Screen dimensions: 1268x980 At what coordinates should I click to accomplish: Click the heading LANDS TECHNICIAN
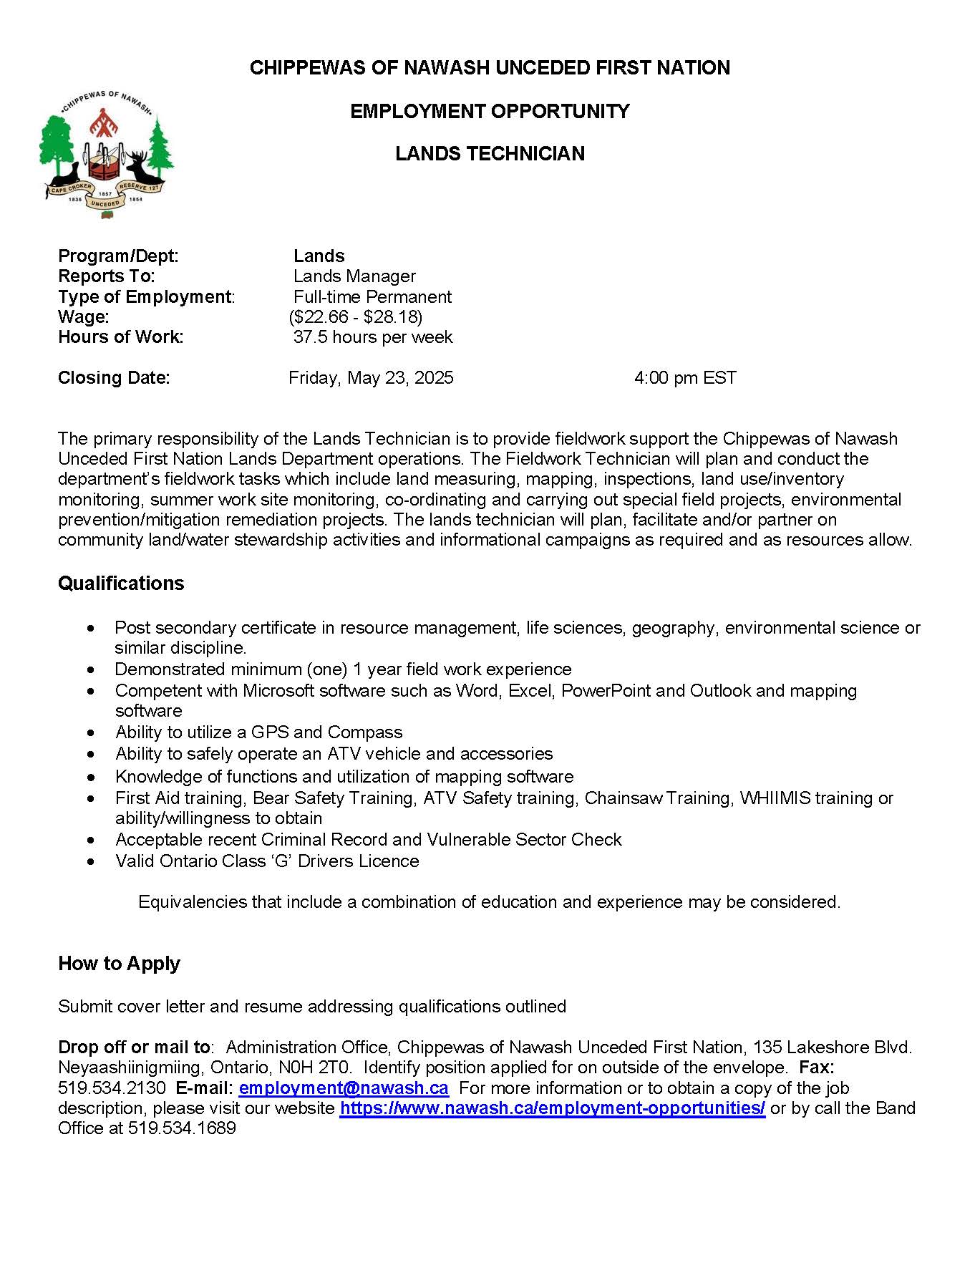point(490,153)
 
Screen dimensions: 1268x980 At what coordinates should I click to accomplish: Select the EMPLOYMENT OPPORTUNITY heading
point(490,111)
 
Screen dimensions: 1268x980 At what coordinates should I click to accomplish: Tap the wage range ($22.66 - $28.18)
point(355,316)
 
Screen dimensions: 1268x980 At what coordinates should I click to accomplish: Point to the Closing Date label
point(114,377)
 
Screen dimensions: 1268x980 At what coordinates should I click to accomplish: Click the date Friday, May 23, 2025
point(371,377)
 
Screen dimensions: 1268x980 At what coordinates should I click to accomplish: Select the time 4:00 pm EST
point(685,377)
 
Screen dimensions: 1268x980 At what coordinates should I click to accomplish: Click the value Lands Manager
point(354,276)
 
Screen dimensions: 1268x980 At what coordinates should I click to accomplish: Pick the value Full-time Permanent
point(372,296)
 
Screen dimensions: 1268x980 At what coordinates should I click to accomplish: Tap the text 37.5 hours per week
point(373,337)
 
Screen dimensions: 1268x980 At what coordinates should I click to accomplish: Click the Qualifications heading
point(121,583)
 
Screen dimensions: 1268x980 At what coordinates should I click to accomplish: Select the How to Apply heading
point(119,963)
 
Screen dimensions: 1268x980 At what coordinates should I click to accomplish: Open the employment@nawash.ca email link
point(344,1088)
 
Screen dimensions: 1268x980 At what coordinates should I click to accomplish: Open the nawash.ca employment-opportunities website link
point(553,1108)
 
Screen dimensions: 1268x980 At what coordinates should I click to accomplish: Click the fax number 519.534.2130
point(112,1088)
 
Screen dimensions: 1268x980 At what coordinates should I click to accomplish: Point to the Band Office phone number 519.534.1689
point(182,1128)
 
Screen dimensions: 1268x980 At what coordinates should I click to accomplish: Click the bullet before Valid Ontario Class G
point(90,861)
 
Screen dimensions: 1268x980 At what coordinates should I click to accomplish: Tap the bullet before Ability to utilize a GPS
point(90,732)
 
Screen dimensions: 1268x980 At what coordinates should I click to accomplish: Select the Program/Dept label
point(118,256)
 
